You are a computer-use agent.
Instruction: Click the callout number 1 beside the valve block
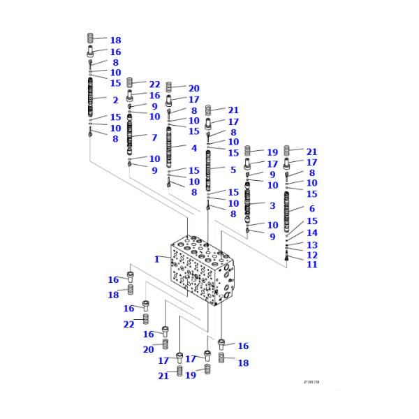click(157, 259)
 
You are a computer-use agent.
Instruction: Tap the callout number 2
click(115, 101)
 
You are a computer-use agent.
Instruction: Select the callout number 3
click(272, 205)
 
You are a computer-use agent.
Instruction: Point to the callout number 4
click(193, 148)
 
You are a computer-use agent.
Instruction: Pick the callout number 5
click(233, 170)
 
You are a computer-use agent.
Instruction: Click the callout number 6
click(311, 209)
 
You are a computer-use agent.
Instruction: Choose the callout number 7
click(154, 138)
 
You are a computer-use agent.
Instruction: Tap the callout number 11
click(311, 265)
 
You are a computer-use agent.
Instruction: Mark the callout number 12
click(311, 255)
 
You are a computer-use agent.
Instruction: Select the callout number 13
click(311, 245)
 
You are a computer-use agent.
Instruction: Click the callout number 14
click(311, 233)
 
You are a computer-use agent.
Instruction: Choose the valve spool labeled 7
click(130, 135)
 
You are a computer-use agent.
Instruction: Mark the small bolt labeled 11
click(287, 258)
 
